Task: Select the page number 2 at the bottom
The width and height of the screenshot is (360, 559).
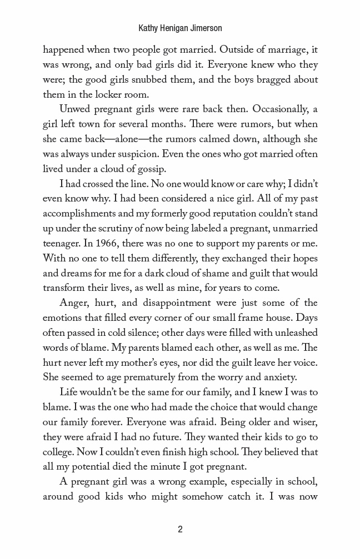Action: [x=180, y=529]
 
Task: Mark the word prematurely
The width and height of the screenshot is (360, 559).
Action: [x=149, y=377]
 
